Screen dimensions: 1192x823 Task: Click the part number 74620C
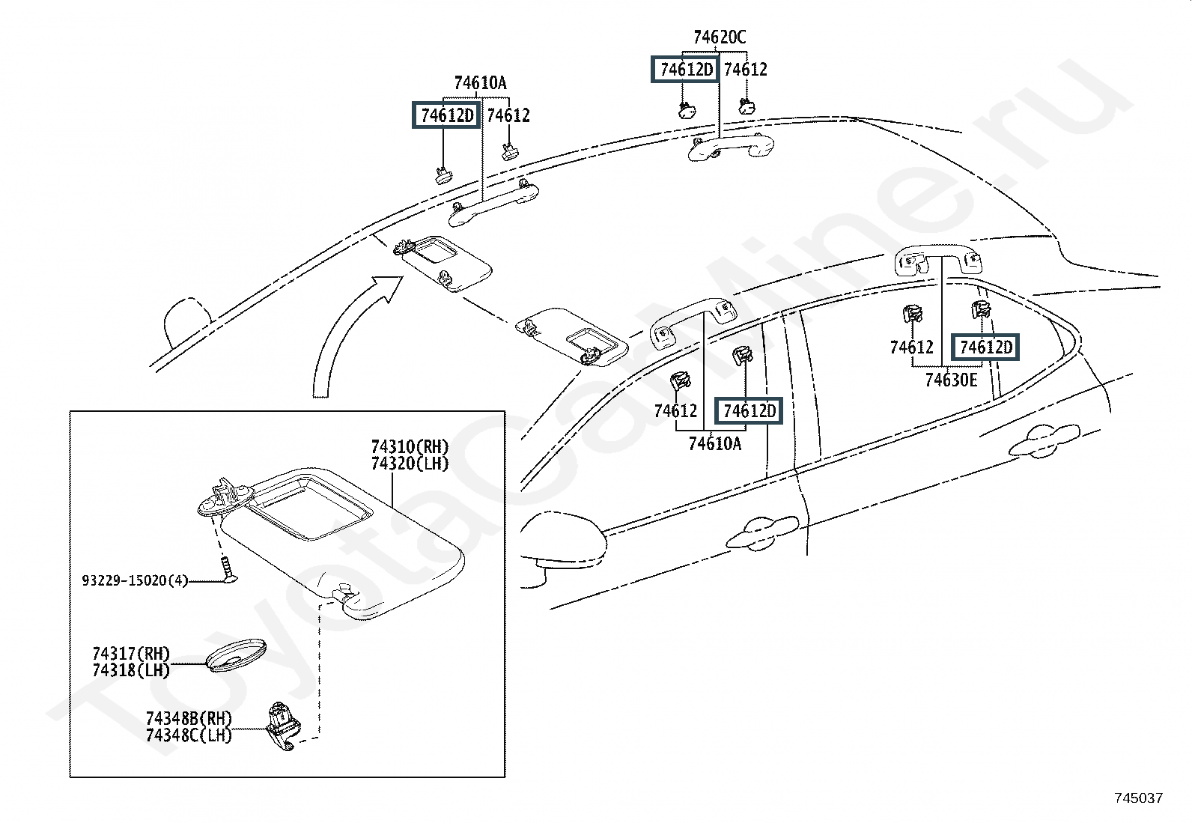[720, 37]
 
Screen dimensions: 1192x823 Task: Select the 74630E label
[951, 380]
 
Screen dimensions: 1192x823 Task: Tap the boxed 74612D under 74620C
[686, 69]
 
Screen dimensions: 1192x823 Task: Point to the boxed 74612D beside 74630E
[985, 347]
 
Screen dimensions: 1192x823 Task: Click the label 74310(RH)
[410, 446]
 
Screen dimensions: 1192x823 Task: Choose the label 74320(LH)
[410, 463]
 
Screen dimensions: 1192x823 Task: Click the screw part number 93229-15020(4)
[136, 580]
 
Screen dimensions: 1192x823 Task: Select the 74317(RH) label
[131, 653]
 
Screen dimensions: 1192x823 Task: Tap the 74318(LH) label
[131, 669]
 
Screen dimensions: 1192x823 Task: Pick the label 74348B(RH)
[189, 718]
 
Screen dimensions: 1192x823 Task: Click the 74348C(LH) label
[189, 735]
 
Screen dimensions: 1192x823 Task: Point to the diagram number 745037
[1139, 798]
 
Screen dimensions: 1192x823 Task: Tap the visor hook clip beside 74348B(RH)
[283, 726]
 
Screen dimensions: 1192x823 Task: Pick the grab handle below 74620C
[731, 147]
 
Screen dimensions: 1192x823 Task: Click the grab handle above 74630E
[938, 260]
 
